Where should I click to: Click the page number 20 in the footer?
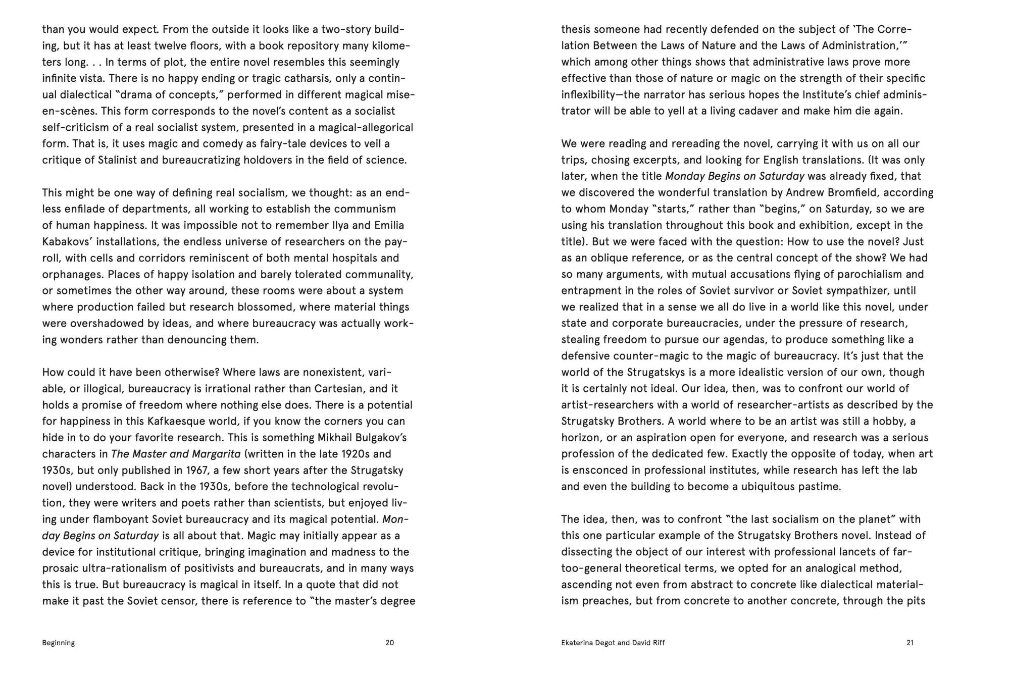pos(389,643)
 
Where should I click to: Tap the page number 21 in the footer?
pos(910,643)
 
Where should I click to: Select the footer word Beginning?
pos(59,643)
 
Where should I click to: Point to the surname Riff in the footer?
pos(659,643)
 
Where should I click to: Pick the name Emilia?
pos(388,225)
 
